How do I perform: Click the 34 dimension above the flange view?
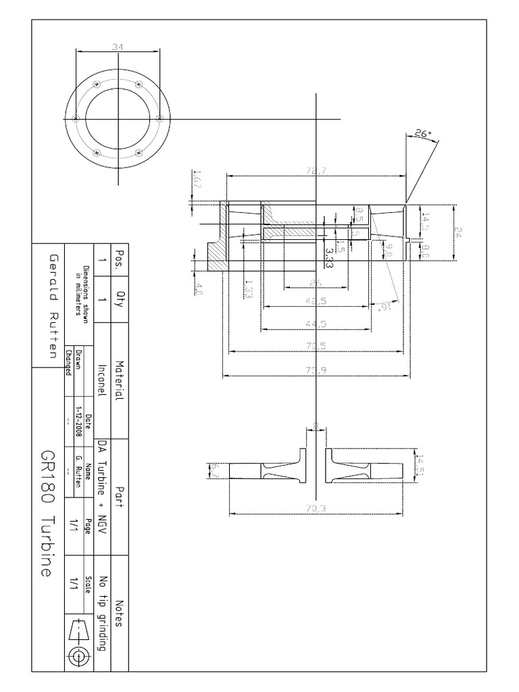tap(118, 47)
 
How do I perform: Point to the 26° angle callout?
tap(422, 134)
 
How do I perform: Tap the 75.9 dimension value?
tap(316, 370)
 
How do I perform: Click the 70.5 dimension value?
tap(316, 346)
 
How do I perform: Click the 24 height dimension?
tap(459, 232)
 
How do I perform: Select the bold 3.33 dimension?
tap(329, 255)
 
